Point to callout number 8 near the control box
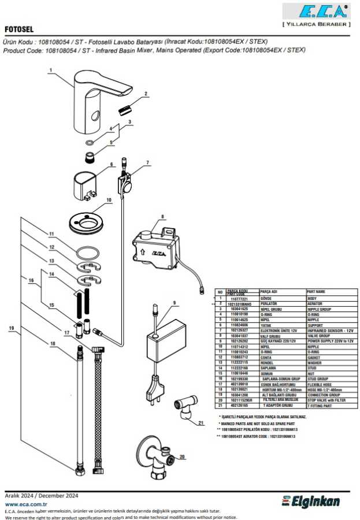pos(162,217)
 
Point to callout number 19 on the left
pos(11,328)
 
